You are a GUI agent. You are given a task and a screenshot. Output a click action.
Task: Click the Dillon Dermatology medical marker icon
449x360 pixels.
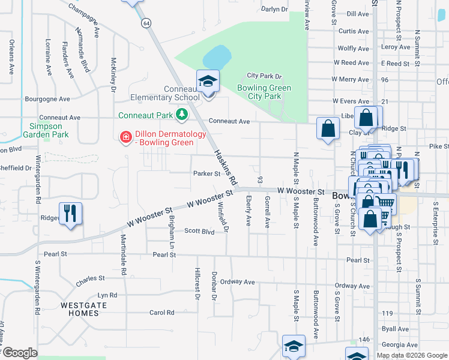click(126, 137)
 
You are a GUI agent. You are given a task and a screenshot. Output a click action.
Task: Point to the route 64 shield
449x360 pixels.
click(146, 23)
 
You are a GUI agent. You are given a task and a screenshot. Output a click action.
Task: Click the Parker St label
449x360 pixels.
click(206, 174)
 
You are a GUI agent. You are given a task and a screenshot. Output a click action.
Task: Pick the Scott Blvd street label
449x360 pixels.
click(199, 231)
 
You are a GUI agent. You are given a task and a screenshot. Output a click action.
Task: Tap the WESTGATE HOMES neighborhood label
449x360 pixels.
click(80, 309)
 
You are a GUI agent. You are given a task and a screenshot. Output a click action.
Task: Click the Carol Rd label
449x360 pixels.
click(161, 313)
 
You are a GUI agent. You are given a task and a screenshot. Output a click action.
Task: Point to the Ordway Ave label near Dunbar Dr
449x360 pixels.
click(238, 281)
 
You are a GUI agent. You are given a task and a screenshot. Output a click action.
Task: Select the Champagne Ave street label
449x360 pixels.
click(83, 20)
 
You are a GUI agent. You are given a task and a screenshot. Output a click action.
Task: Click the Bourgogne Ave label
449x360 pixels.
click(47, 99)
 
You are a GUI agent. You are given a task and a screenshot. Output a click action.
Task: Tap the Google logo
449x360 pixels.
click(20, 353)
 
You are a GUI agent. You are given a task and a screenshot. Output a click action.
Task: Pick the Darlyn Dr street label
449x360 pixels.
click(275, 10)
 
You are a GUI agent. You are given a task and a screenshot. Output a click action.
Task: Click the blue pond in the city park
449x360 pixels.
click(217, 58)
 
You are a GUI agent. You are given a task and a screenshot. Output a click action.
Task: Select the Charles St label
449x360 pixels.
click(91, 279)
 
